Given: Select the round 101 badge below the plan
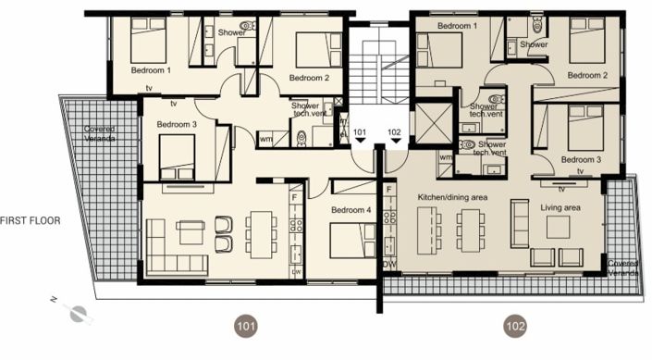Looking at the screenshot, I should [246, 325].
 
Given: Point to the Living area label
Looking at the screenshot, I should [560, 208].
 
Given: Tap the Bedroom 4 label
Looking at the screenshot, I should [351, 210].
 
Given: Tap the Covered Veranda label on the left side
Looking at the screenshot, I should [100, 133].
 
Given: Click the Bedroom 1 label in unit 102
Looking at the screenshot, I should [457, 26].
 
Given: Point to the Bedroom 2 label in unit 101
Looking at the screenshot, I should [309, 78].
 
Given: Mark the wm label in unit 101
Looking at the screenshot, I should [266, 139].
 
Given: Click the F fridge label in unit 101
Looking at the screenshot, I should [294, 196].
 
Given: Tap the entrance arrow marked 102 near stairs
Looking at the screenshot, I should [394, 138].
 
